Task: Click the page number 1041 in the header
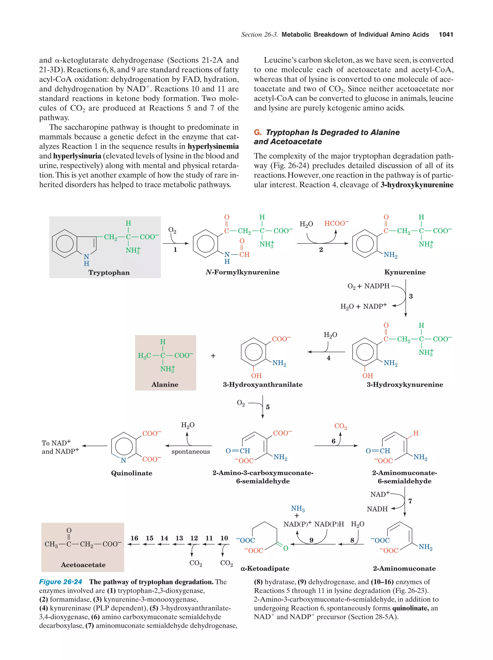click(446, 35)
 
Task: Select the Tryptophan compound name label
click(109, 272)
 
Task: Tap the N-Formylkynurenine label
click(242, 272)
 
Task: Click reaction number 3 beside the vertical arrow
click(411, 296)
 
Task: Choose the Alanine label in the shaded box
click(165, 384)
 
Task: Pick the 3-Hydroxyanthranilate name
click(262, 384)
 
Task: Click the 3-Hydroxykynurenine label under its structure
click(405, 384)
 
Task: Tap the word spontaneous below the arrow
click(191, 452)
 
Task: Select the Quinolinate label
click(131, 473)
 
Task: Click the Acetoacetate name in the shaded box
click(83, 564)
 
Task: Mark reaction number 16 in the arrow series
click(134, 538)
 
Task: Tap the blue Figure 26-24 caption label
click(61, 582)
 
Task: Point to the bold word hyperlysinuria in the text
click(77, 156)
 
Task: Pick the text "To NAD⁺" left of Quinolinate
click(56, 443)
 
